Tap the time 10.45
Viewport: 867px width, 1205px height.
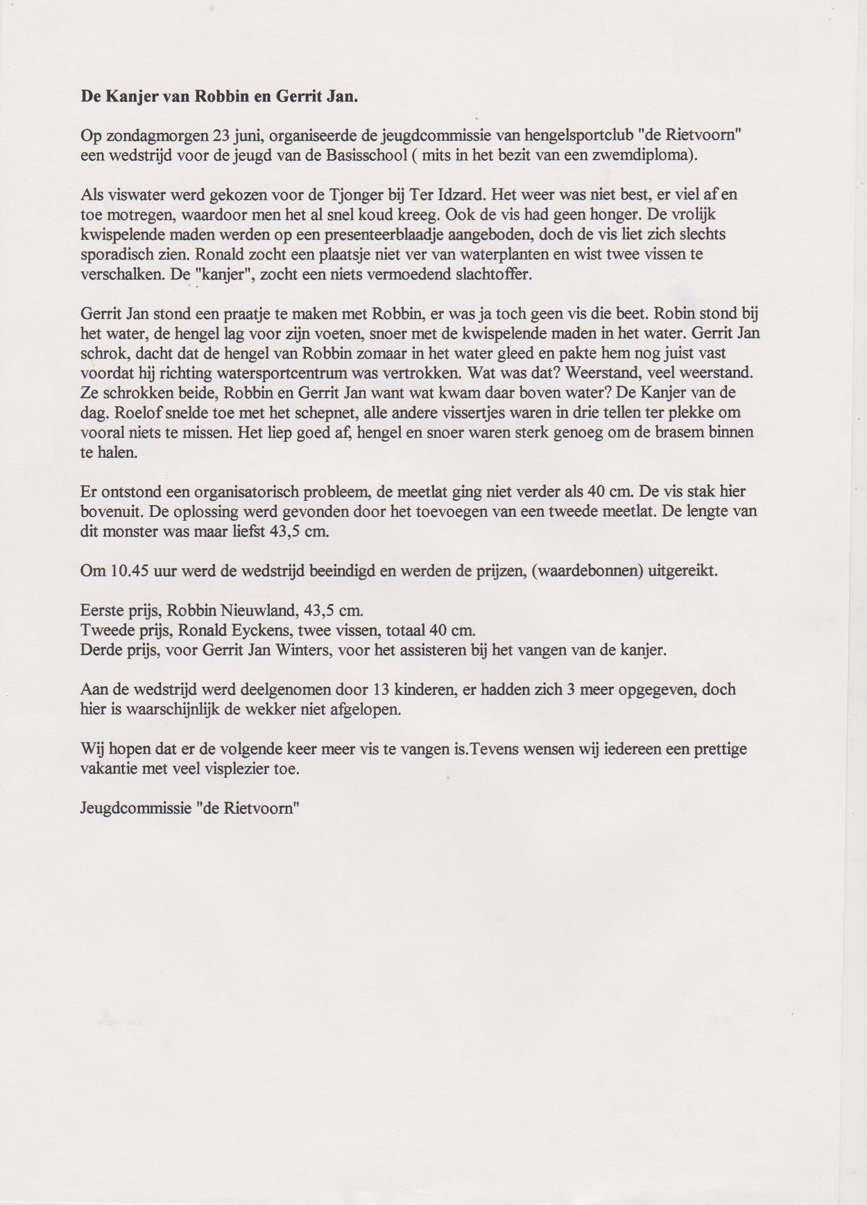125,572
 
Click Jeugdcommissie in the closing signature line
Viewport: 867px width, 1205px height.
132,809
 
